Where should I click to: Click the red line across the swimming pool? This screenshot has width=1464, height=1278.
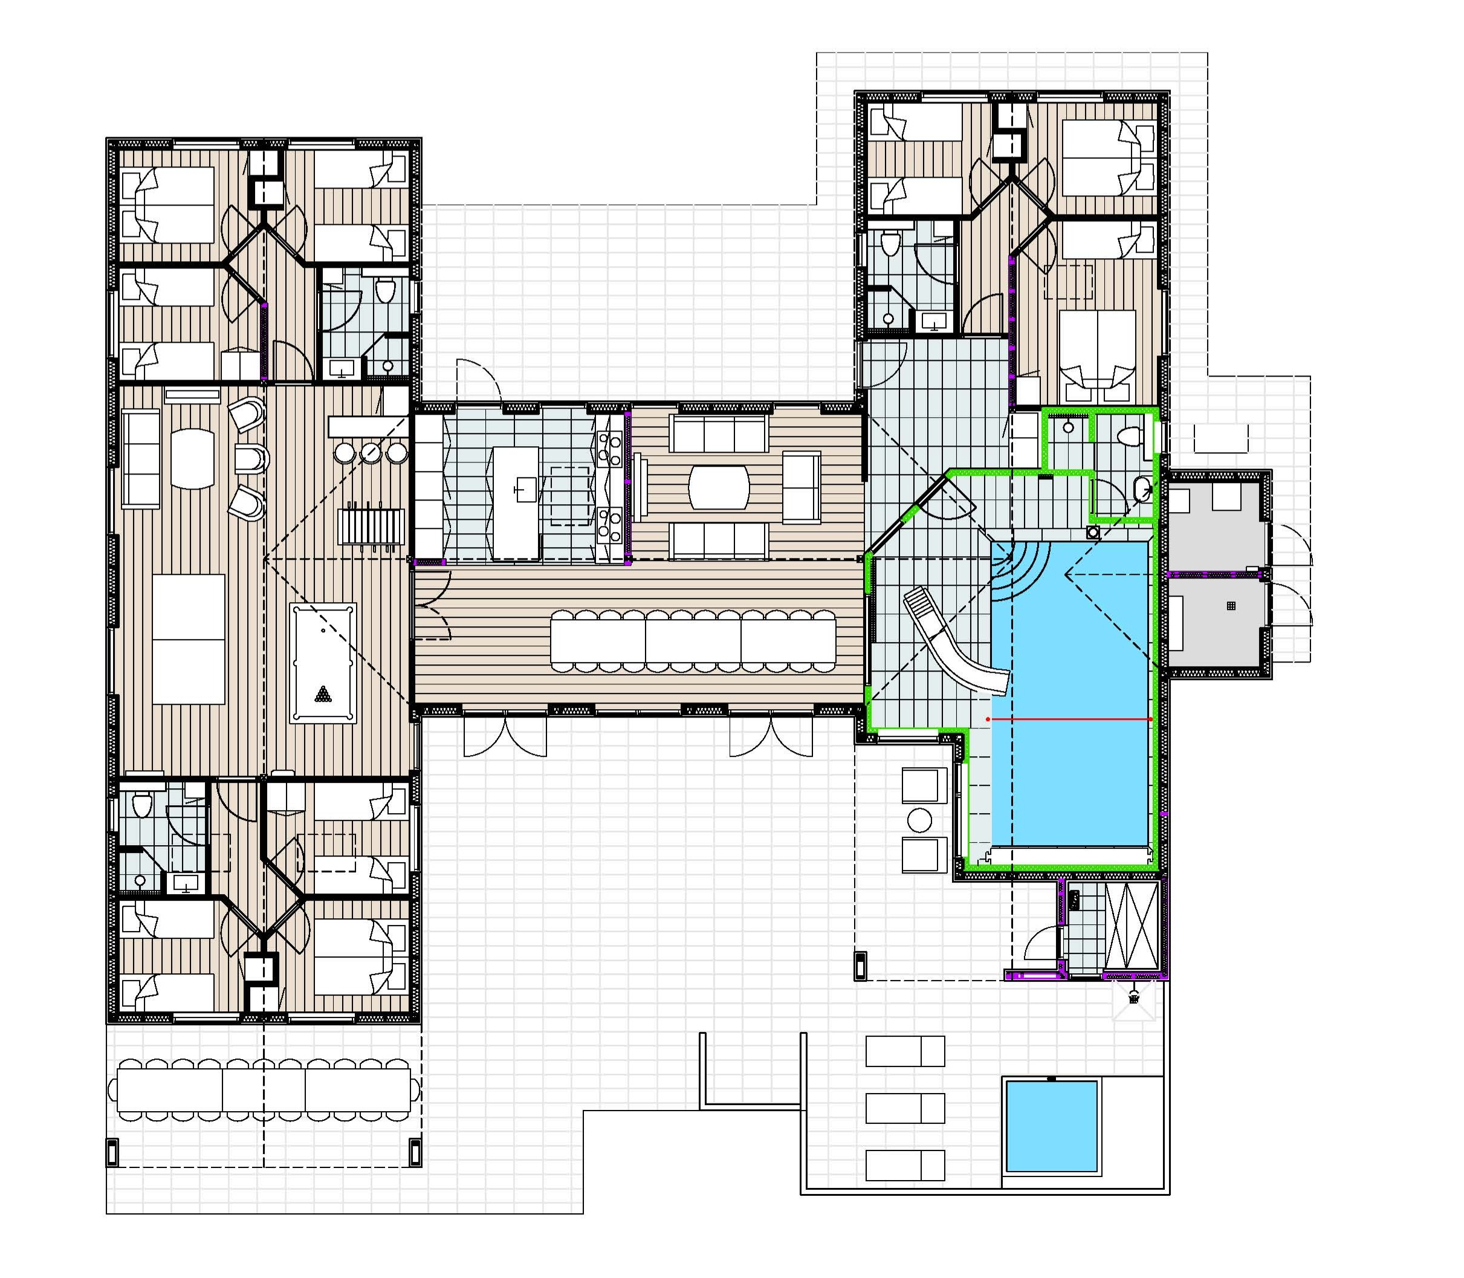click(1070, 719)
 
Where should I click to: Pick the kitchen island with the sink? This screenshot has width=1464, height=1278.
click(516, 503)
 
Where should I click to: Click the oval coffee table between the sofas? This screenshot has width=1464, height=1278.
click(719, 487)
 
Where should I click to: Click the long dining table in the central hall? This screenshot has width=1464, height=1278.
click(693, 640)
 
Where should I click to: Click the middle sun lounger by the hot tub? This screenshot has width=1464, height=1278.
click(905, 1108)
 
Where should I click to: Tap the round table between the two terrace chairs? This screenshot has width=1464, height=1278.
click(919, 820)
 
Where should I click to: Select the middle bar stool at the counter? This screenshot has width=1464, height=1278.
click(371, 452)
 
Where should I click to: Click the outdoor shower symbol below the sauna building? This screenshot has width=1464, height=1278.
click(1134, 997)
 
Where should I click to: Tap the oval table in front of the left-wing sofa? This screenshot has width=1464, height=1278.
click(193, 458)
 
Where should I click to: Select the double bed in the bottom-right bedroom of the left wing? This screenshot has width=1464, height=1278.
click(353, 957)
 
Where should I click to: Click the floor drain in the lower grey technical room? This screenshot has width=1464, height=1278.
click(1231, 606)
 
